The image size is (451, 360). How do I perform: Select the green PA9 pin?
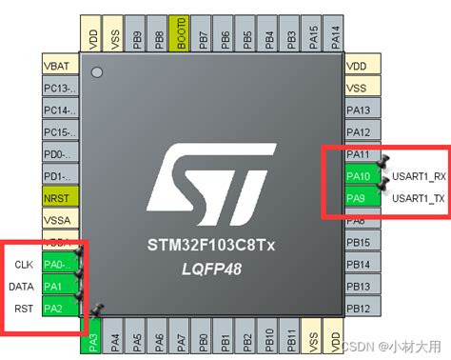[x=357, y=198]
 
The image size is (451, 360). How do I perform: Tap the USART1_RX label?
[x=420, y=176]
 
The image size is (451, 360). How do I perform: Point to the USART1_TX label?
[x=420, y=198]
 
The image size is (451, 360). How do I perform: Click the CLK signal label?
[x=24, y=264]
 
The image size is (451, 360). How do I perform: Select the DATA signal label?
[x=22, y=286]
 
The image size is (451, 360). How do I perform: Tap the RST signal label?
[x=25, y=308]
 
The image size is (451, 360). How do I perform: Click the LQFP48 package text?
[x=212, y=270]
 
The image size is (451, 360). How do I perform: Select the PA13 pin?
[x=358, y=110]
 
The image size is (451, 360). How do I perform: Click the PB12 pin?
[x=358, y=308]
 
